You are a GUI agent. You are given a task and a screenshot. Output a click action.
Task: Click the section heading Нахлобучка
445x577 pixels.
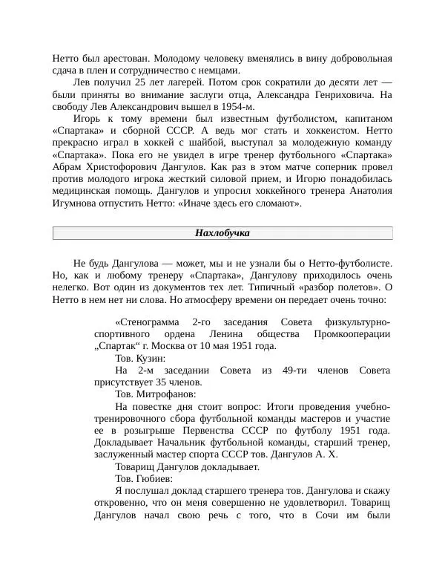click(222, 233)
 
